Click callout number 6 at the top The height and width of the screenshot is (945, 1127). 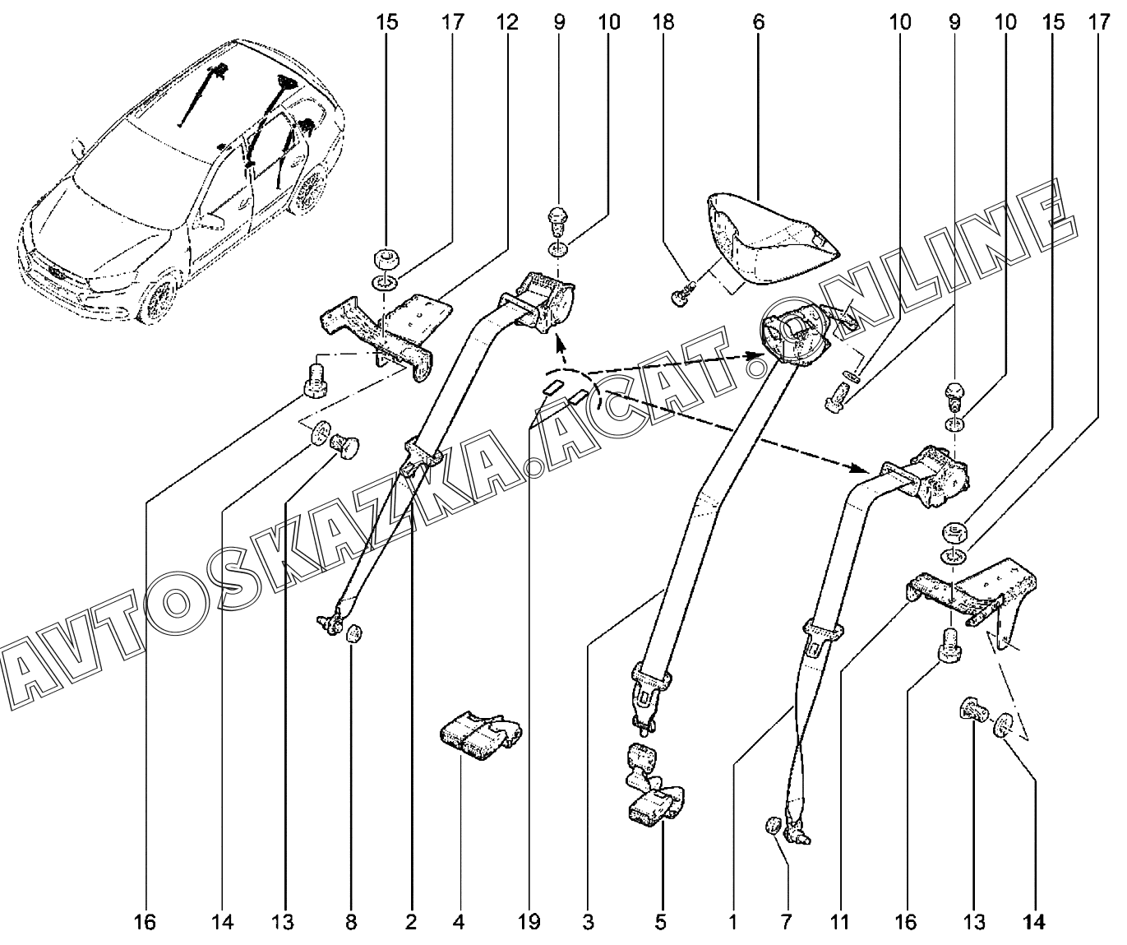(759, 22)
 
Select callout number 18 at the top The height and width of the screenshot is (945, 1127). (663, 22)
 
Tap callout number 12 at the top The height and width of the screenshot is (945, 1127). (507, 22)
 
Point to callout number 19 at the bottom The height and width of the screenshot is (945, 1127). (529, 922)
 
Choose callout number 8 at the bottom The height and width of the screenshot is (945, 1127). (351, 922)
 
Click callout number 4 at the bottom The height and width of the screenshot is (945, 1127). (458, 922)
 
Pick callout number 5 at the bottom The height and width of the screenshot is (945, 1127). (661, 922)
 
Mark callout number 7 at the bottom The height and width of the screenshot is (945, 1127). (786, 922)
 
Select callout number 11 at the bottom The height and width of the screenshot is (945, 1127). (840, 922)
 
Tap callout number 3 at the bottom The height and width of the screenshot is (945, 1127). (589, 922)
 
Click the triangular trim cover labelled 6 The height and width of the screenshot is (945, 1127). (772, 240)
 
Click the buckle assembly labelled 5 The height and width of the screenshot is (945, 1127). (654, 785)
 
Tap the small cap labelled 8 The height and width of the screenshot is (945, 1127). (353, 633)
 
